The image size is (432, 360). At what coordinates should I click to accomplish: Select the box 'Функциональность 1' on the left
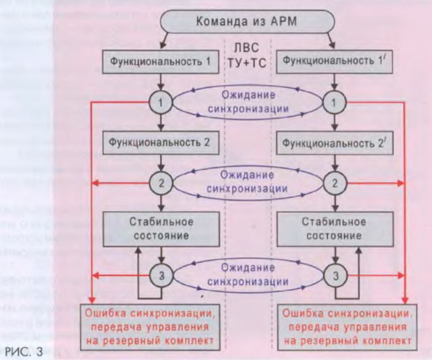[x=161, y=61]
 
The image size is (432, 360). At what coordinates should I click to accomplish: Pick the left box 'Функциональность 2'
[x=161, y=142]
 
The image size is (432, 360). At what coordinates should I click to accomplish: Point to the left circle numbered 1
[x=161, y=103]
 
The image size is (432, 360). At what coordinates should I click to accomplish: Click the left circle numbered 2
[x=161, y=183]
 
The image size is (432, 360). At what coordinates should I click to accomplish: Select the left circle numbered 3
[x=161, y=275]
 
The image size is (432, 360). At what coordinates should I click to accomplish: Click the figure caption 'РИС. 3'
[x=23, y=351]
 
